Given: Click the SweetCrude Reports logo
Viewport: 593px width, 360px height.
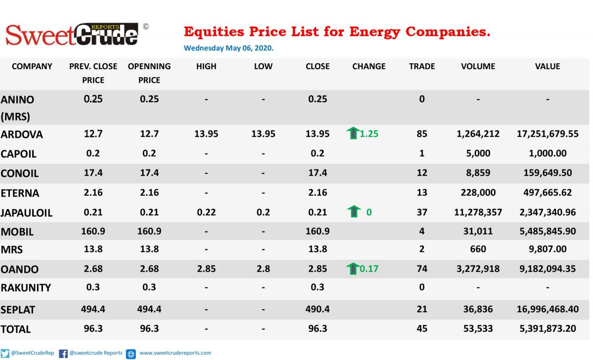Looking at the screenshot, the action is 72,35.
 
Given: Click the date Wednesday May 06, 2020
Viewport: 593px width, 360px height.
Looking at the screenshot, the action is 228,48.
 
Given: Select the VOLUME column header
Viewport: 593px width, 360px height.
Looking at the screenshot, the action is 478,66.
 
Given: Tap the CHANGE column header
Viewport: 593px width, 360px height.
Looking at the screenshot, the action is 369,66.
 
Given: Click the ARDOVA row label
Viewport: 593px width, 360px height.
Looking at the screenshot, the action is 21,134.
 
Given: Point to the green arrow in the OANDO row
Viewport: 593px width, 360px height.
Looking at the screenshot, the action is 353,269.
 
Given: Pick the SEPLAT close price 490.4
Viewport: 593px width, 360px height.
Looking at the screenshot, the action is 317,309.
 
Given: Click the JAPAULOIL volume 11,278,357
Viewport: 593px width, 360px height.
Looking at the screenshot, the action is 478,212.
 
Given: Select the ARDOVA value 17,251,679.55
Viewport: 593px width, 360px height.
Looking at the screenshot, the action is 548,134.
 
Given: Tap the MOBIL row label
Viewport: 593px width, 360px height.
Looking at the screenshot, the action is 17,232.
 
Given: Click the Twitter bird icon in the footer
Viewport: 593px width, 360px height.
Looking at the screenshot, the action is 5,354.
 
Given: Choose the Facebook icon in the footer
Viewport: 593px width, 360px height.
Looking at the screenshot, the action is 63,354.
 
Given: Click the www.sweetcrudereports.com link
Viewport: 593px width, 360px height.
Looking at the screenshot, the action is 175,353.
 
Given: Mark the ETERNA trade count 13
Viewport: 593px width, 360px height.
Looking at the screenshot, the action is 422,193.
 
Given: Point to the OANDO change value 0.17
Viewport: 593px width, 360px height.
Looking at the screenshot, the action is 369,269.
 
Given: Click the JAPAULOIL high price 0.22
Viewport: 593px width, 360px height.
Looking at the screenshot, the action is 206,212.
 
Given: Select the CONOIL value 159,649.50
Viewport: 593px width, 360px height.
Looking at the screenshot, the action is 548,173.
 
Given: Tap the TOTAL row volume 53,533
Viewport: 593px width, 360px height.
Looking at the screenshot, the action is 478,328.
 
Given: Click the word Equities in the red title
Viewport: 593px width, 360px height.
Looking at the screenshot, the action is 214,32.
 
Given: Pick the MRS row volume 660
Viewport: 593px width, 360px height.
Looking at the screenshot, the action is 478,249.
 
